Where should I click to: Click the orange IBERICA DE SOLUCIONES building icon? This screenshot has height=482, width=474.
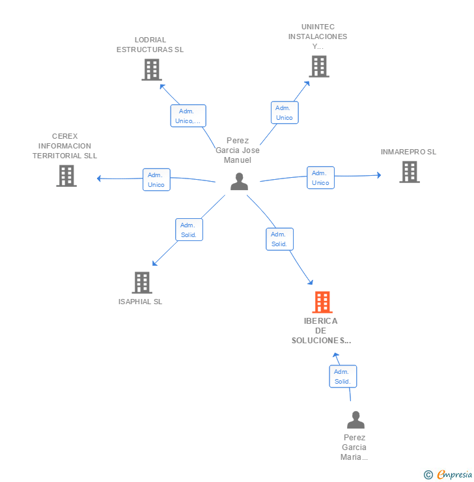(322, 302)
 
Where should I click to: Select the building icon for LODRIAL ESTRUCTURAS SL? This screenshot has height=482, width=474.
(152, 70)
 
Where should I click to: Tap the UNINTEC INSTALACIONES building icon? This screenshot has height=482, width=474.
(319, 66)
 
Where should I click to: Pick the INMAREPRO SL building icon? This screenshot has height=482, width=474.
(410, 172)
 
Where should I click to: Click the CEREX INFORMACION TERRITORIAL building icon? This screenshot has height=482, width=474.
(66, 176)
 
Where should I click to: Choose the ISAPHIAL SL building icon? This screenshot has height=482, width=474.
(142, 283)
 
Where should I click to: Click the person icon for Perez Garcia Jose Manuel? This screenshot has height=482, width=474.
(240, 181)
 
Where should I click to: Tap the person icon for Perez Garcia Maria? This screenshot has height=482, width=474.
(355, 420)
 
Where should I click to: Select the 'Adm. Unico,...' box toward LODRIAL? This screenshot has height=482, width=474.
(188, 115)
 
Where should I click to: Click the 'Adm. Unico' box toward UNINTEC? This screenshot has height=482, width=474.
(285, 113)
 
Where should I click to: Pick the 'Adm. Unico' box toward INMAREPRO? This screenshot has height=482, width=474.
(321, 178)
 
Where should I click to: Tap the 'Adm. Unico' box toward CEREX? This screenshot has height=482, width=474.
(156, 180)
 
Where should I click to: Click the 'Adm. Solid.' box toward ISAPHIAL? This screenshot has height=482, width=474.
(189, 230)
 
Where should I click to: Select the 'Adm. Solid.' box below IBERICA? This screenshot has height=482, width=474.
(343, 376)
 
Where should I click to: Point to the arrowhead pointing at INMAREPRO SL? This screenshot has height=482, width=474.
(379, 175)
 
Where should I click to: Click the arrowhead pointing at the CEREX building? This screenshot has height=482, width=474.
(99, 178)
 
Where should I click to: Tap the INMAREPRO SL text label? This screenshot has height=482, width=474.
(408, 152)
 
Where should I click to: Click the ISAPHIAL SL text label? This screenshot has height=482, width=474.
(140, 302)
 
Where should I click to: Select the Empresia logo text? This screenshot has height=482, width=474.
(454, 475)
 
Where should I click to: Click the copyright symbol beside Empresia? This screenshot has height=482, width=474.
(428, 475)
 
